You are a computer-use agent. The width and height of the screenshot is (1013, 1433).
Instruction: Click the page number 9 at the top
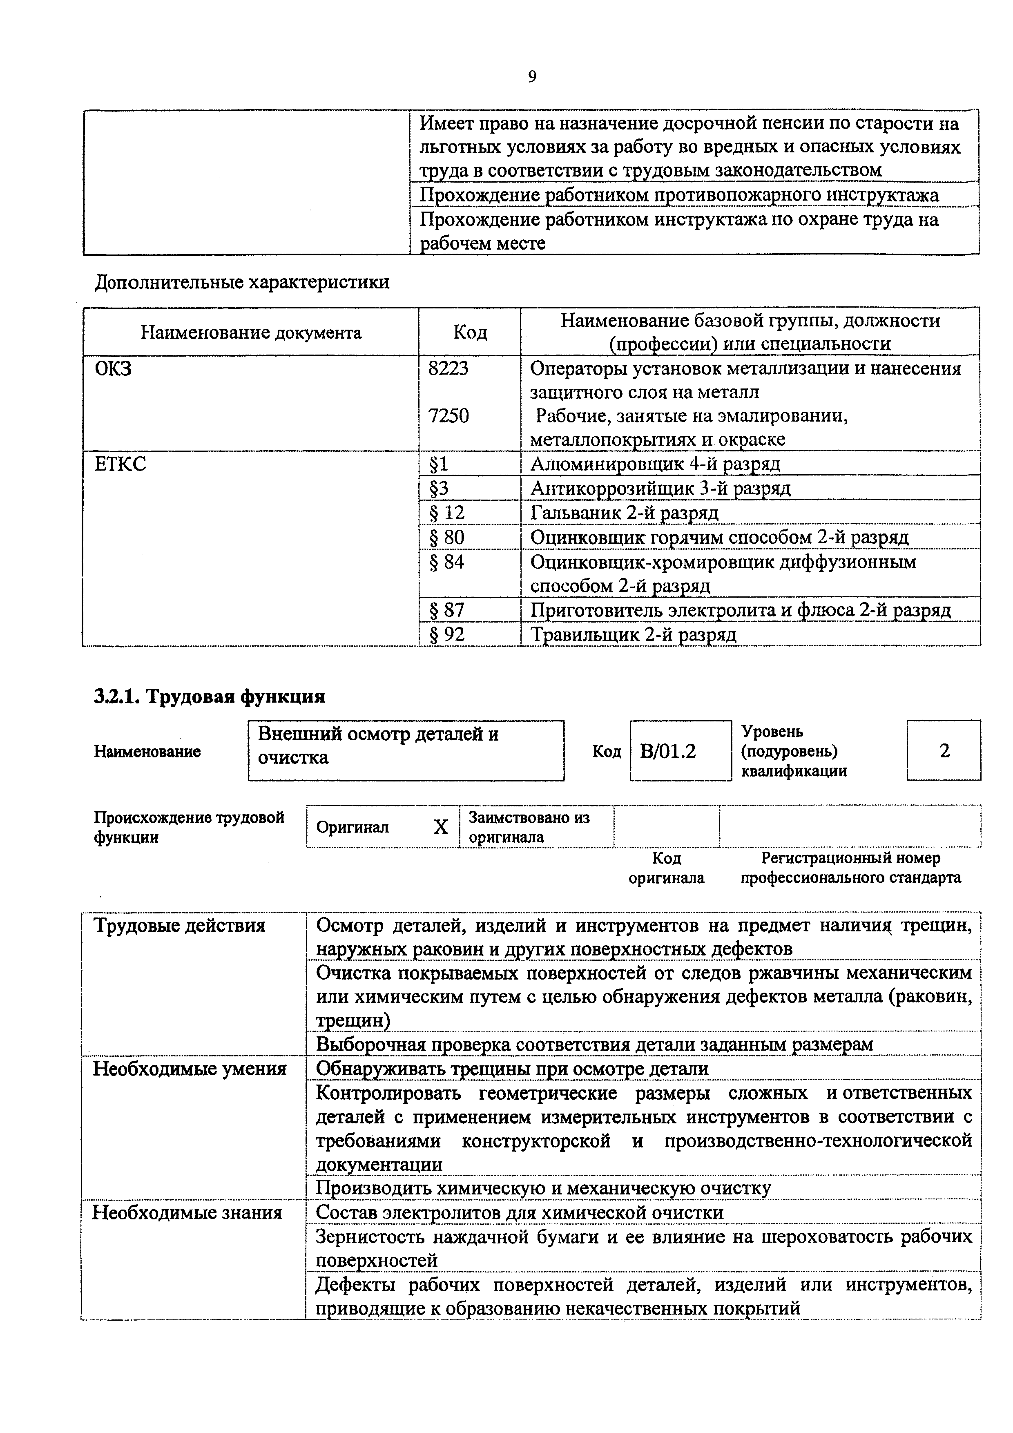(x=532, y=77)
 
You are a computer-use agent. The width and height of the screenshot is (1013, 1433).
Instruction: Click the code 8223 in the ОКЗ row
(x=448, y=369)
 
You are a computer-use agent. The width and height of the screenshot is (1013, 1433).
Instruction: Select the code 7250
(x=448, y=416)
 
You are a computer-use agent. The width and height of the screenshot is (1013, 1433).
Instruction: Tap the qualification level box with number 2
(x=944, y=751)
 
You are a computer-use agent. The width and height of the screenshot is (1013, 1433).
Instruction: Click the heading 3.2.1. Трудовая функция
(x=210, y=696)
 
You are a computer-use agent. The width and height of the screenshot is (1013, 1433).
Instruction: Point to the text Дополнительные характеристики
(x=242, y=283)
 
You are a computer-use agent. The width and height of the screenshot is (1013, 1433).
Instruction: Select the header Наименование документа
(x=251, y=332)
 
